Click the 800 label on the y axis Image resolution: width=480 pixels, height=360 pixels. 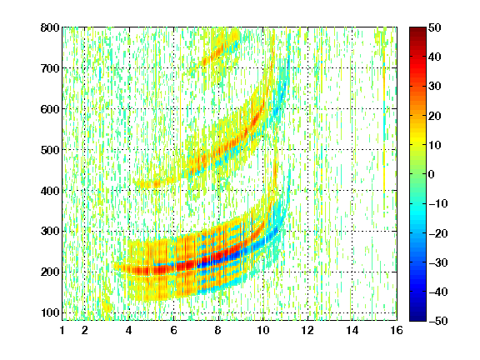(50, 27)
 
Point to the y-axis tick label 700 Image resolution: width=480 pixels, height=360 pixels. (50, 68)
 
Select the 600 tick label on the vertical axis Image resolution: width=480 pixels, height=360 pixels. (50, 109)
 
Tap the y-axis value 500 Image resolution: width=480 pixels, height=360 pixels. (50, 150)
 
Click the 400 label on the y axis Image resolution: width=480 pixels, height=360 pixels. (50, 191)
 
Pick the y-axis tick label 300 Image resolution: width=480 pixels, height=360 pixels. (50, 232)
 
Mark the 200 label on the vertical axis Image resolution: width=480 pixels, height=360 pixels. (50, 272)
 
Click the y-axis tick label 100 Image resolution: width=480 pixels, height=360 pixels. (50, 312)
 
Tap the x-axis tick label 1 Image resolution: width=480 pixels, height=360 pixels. (62, 330)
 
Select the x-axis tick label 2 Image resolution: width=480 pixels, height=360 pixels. (85, 330)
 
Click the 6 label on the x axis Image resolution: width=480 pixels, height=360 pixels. (174, 330)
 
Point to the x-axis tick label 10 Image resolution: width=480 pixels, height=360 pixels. (263, 330)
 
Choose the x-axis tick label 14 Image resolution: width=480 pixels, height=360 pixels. (352, 330)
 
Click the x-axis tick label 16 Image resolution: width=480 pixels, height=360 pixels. (397, 330)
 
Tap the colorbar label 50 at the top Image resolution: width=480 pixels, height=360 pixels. (435, 27)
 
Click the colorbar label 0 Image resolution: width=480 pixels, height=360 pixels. (432, 174)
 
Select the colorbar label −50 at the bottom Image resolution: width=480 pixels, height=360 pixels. (438, 321)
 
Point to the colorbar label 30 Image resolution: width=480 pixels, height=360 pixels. (435, 87)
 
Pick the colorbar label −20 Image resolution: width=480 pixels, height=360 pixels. (438, 233)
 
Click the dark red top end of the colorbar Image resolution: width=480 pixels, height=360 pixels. (417, 29)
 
